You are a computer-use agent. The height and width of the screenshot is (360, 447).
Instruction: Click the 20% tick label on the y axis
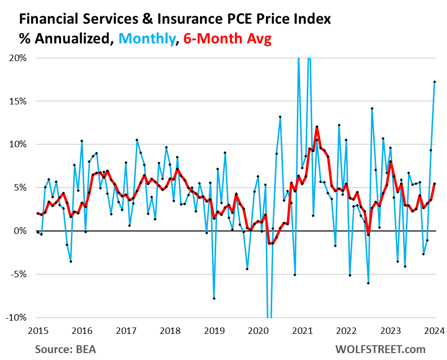pos(17,58)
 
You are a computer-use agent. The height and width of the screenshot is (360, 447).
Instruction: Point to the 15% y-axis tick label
pos(17,101)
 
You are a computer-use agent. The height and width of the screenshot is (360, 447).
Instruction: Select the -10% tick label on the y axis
pos(16,318)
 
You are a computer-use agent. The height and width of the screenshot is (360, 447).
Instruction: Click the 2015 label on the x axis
pos(37,330)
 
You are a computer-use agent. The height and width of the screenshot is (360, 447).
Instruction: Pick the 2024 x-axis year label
pos(435,330)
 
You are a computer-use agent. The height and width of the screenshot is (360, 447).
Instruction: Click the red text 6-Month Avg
pos(227,39)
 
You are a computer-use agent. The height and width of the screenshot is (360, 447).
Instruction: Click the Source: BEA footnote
pos(65,350)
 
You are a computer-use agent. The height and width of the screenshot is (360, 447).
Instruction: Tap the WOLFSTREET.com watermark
pos(380,350)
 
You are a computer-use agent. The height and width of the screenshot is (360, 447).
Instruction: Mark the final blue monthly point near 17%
pos(435,82)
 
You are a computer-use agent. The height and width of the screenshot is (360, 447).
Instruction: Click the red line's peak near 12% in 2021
pos(317,127)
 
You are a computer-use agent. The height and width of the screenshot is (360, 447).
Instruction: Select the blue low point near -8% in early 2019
pos(214,298)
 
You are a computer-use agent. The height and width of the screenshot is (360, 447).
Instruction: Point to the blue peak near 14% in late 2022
pos(372,108)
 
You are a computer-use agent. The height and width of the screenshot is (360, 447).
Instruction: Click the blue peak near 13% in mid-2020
pos(280,117)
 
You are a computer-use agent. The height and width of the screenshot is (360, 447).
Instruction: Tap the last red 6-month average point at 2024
pos(435,184)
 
